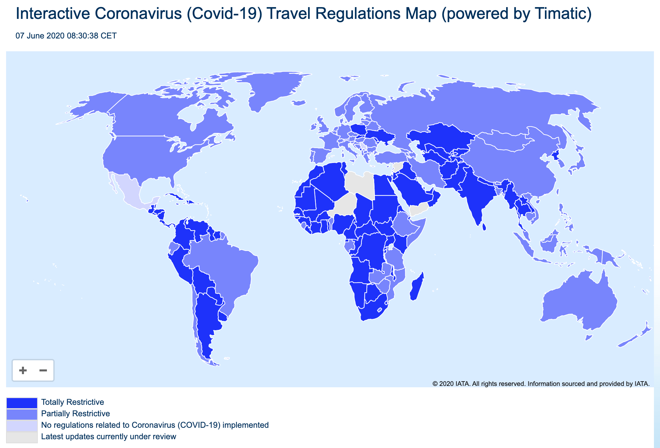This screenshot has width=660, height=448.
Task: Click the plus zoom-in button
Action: tap(23, 370)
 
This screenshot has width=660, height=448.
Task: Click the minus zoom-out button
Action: tap(43, 370)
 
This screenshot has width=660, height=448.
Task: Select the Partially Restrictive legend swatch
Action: tap(22, 414)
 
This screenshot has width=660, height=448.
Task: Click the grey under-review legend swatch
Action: tap(22, 437)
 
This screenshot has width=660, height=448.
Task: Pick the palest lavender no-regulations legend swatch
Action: tap(22, 425)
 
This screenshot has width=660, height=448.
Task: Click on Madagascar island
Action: tap(417, 287)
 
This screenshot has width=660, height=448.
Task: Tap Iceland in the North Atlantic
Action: tap(299, 102)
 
